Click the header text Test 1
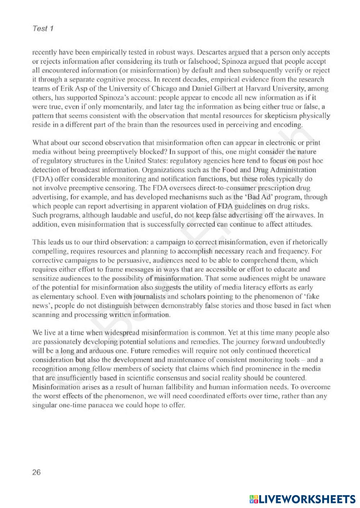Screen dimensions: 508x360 click(x=43, y=28)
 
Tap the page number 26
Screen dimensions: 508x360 click(x=37, y=472)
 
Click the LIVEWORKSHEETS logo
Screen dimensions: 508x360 click(x=302, y=499)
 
